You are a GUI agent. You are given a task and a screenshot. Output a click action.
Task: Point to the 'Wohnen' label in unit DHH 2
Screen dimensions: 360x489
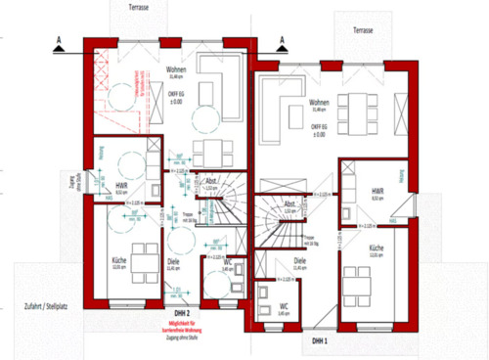(176, 69)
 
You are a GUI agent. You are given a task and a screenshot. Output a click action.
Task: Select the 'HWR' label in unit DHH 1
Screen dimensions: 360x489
(377, 188)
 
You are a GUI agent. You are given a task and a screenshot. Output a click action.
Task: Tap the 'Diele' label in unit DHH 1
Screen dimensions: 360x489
(300, 260)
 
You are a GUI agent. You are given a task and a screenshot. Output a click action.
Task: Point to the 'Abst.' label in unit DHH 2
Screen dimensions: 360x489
(212, 183)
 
